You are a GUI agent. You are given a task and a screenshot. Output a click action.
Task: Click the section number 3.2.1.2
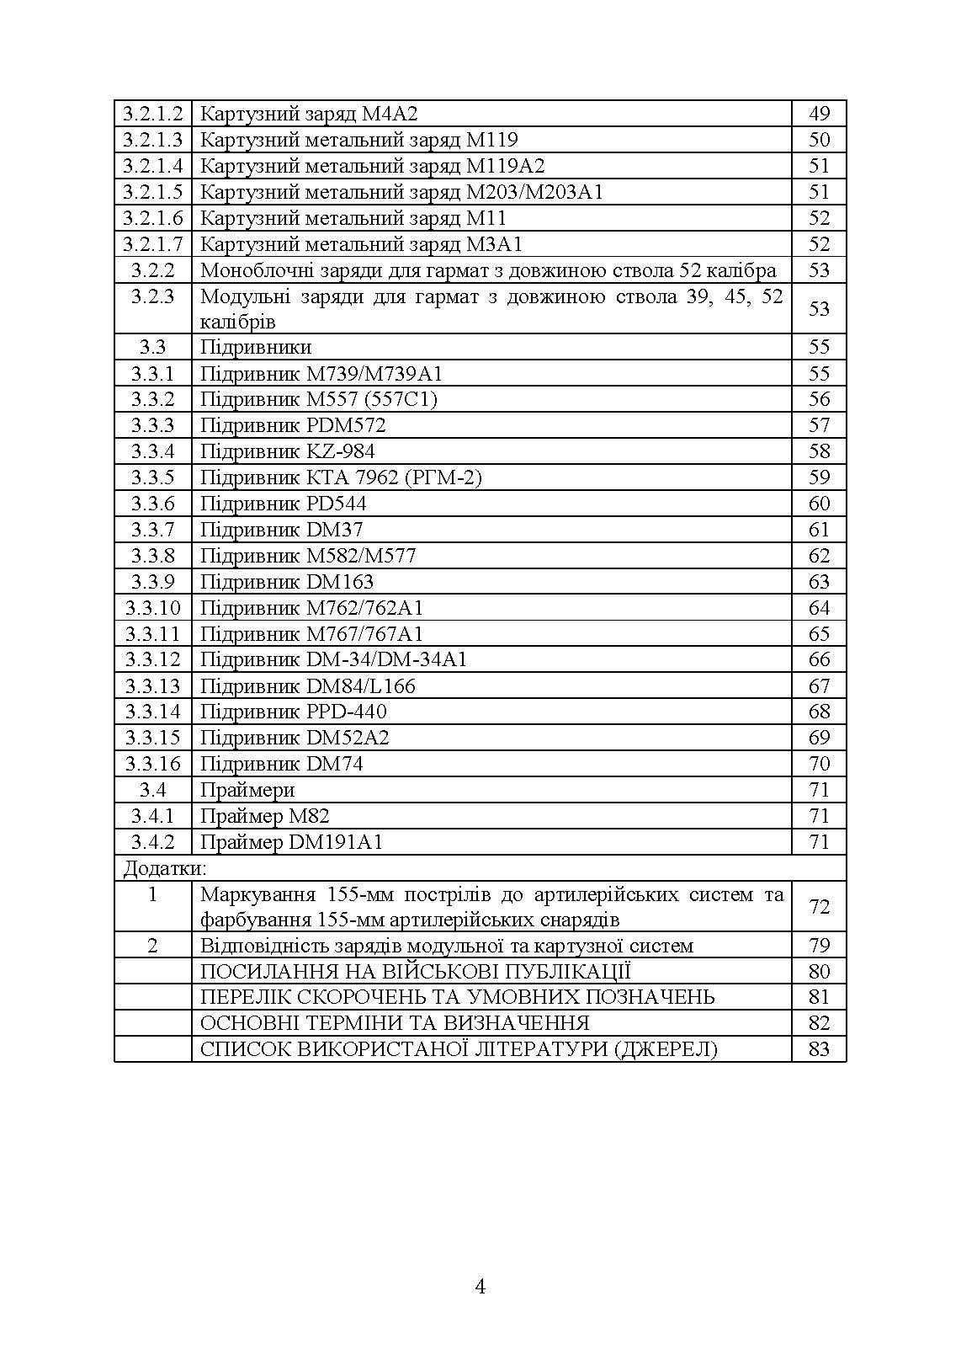(x=152, y=114)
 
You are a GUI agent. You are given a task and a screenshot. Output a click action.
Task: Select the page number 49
(x=819, y=114)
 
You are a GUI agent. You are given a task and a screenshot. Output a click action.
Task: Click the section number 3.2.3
(x=152, y=296)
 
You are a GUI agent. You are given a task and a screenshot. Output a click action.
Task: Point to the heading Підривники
(x=255, y=347)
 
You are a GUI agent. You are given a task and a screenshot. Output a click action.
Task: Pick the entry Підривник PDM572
(x=293, y=425)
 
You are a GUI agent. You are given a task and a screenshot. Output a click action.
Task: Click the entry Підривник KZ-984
(x=287, y=451)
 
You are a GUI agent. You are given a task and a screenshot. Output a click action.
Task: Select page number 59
(x=819, y=477)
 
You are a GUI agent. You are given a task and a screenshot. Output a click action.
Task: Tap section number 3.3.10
(x=152, y=608)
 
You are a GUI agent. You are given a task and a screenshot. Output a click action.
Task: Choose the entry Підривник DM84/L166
(x=307, y=686)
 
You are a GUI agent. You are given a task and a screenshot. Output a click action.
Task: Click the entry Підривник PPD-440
(x=293, y=712)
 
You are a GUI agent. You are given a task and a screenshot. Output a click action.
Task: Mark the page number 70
(x=819, y=764)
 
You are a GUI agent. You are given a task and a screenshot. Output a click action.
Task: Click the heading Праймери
(x=247, y=790)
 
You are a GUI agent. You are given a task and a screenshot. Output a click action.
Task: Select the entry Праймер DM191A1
(x=291, y=842)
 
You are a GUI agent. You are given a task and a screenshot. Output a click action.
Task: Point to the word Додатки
(x=165, y=868)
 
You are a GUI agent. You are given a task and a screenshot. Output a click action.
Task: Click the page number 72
(x=819, y=906)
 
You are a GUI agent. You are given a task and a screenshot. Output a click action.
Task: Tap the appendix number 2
(x=152, y=946)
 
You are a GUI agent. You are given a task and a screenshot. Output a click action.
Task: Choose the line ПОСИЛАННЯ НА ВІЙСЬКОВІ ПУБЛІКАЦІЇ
(x=416, y=972)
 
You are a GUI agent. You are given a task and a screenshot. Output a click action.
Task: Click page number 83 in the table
(x=819, y=1049)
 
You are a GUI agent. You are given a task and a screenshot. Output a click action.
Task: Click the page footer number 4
(x=481, y=1287)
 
